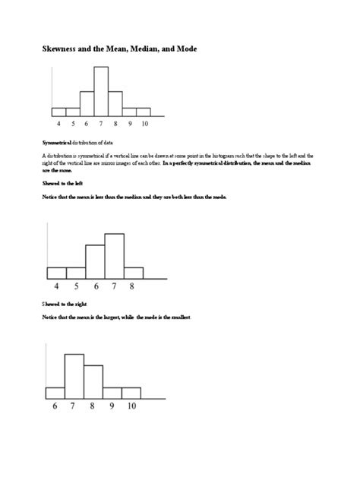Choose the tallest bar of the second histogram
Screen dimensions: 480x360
point(114,256)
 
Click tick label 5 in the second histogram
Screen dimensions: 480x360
point(76,286)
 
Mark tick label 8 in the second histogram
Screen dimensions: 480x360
point(132,286)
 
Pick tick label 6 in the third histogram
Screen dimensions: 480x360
point(55,406)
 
